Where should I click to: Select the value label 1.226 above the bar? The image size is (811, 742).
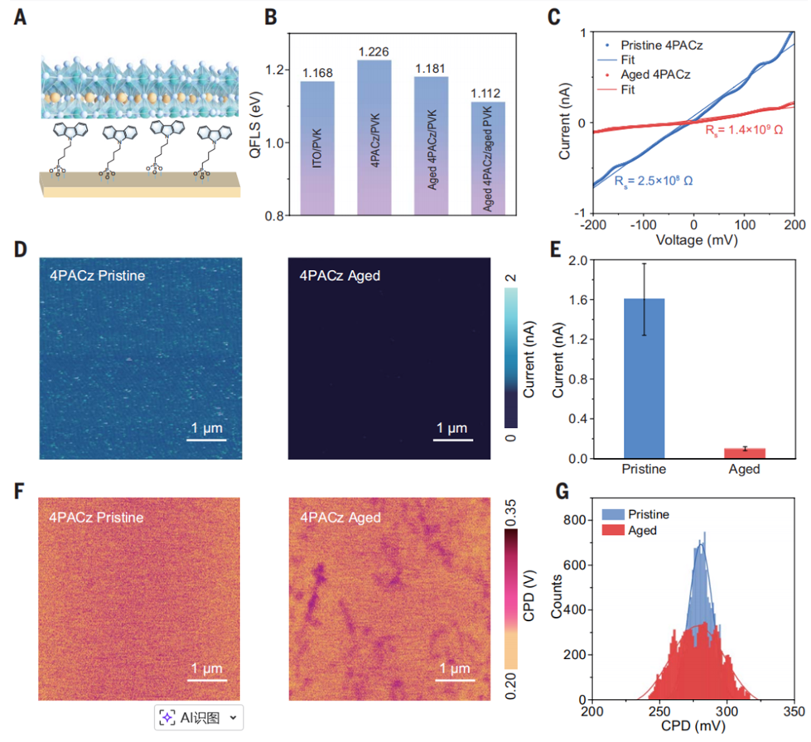tap(374, 52)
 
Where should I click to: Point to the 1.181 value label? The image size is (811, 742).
tap(431, 69)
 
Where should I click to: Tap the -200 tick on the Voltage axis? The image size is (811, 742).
tap(591, 224)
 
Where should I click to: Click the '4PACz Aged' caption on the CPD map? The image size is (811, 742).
tap(340, 518)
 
